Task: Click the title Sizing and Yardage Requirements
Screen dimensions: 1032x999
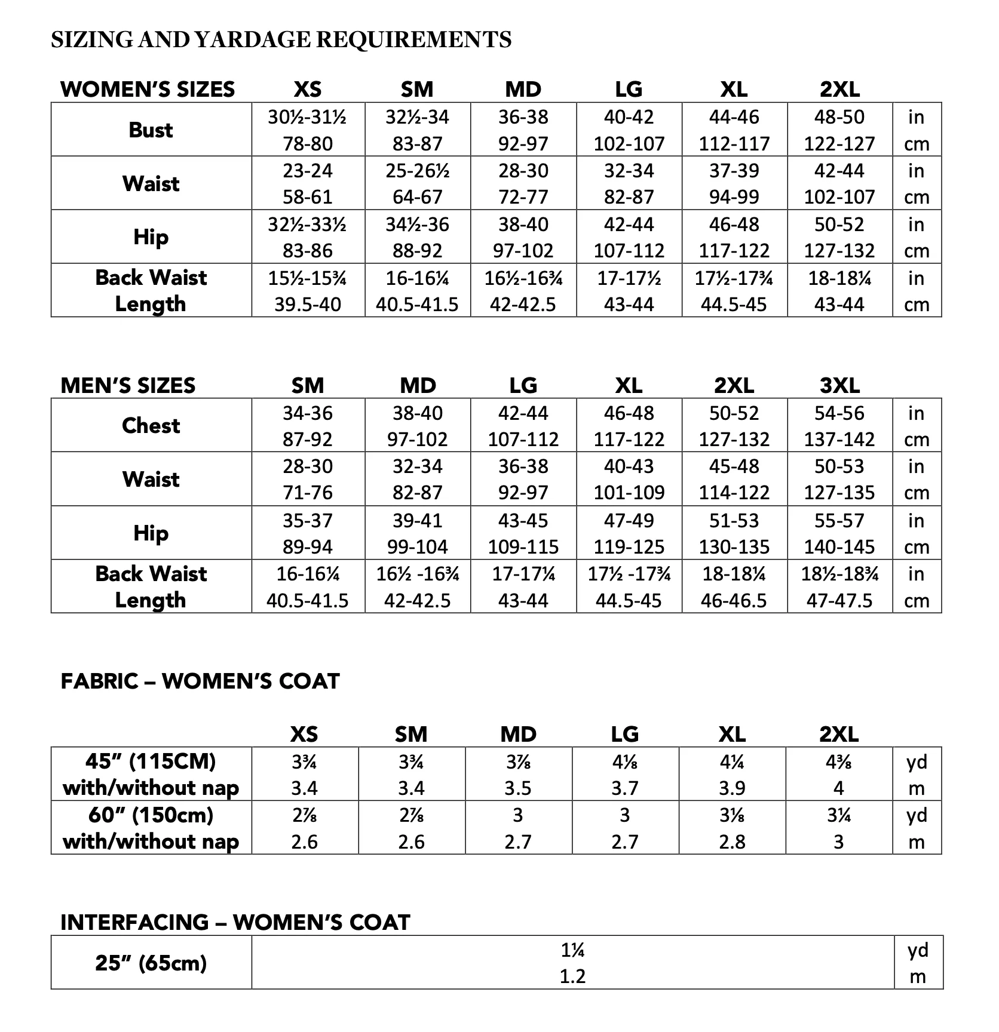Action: point(281,40)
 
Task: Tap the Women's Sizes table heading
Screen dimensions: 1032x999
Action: point(148,90)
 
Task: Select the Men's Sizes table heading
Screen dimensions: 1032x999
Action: point(128,385)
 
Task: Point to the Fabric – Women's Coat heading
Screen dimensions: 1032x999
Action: point(200,681)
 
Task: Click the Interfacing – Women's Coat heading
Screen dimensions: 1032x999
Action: point(235,922)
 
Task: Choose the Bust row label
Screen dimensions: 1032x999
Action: point(151,130)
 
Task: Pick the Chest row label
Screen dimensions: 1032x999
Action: point(151,426)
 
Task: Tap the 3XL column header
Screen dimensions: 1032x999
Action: point(839,385)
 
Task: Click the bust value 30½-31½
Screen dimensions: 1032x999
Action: point(307,117)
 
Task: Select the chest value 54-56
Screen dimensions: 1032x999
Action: point(839,413)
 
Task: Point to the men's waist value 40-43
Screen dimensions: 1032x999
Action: point(629,466)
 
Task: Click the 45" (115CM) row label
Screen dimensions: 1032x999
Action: point(151,761)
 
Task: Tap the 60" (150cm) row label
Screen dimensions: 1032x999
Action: point(151,815)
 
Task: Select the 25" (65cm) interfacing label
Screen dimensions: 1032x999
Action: point(151,963)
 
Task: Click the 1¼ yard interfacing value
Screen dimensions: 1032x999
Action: point(572,950)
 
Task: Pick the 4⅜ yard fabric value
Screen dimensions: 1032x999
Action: point(839,762)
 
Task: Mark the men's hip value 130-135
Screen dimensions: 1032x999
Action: point(734,547)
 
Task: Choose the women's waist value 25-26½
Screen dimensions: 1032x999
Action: point(417,171)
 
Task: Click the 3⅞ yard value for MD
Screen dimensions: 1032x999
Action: point(517,762)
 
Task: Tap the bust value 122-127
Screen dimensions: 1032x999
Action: point(839,144)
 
